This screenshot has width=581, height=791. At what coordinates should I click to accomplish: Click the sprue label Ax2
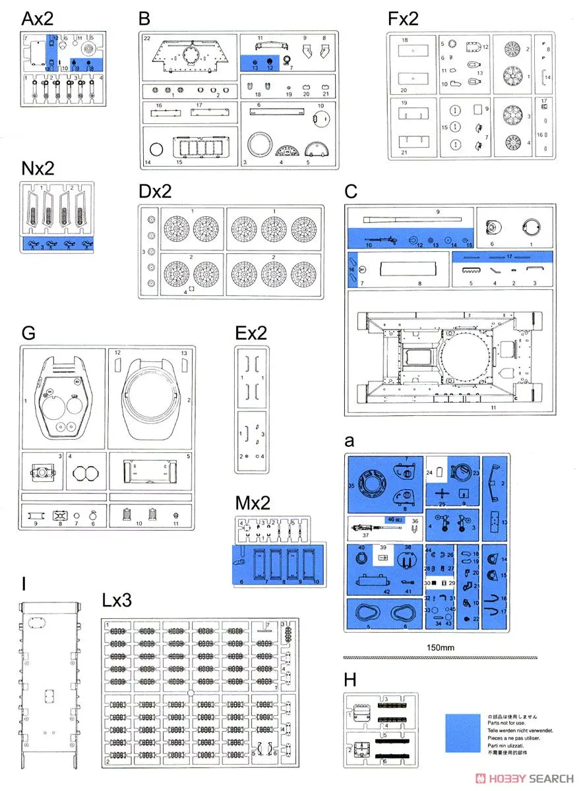(x=37, y=18)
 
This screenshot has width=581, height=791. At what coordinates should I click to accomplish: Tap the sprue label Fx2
(x=403, y=19)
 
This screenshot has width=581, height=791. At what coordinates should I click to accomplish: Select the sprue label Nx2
(x=37, y=169)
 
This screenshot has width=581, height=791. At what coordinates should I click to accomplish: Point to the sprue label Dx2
(x=155, y=191)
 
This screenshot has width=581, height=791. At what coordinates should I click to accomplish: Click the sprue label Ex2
(x=251, y=333)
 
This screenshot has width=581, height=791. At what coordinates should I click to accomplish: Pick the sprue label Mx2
(x=253, y=504)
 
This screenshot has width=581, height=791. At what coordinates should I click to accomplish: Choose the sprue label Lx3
(x=117, y=601)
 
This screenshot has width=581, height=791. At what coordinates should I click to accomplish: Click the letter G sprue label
(x=28, y=333)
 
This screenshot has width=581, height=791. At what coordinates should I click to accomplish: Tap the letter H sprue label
(x=350, y=680)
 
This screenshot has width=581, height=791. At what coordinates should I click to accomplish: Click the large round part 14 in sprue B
(x=156, y=150)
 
